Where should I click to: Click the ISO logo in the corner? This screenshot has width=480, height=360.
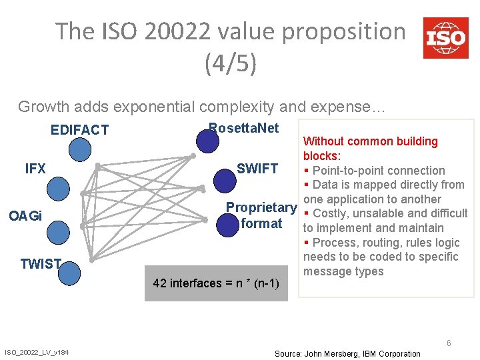445,37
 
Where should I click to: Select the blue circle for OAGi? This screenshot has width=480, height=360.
59,229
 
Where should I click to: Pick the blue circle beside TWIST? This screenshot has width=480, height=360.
69,272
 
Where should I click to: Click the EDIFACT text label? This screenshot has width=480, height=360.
79,130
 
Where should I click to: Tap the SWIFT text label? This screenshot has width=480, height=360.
257,169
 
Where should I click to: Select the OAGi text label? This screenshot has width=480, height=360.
25,216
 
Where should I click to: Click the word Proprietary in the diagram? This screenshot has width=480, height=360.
261,208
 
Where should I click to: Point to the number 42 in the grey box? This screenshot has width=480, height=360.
159,283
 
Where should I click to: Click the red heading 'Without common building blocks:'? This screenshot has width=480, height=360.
370,148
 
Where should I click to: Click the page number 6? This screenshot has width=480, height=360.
449,343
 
